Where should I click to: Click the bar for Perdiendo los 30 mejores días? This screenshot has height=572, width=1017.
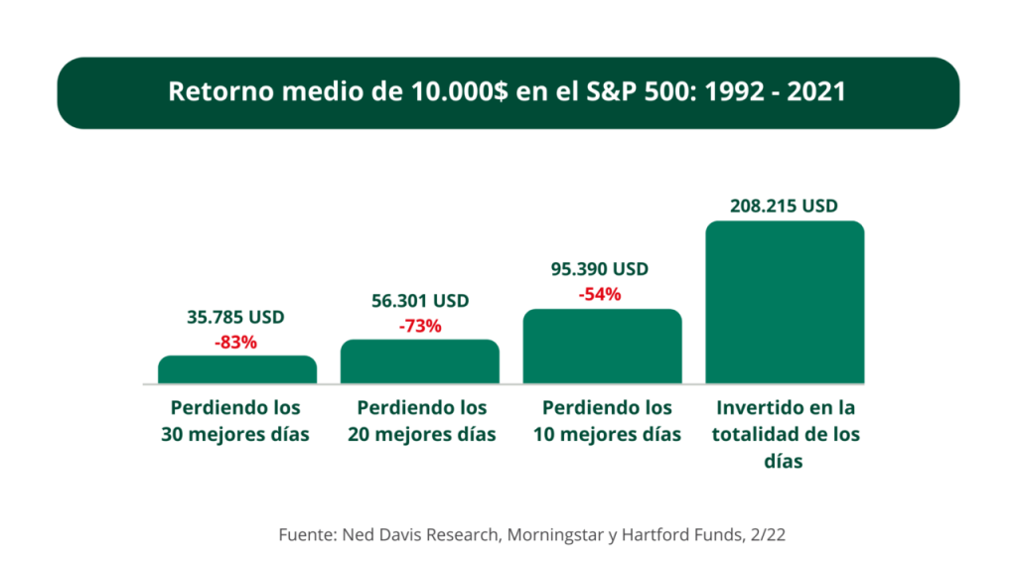237,369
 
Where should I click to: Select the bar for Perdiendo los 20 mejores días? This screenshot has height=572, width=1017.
420,361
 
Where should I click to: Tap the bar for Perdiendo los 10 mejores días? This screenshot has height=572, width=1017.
603,347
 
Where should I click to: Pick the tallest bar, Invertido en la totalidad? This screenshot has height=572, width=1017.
786,302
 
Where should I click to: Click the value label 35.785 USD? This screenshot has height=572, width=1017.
235,318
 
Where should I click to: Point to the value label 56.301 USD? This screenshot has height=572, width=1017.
419,301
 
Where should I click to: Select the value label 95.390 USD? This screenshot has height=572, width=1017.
600,269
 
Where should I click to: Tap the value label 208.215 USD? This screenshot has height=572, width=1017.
785,207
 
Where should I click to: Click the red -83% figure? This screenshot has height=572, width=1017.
235,343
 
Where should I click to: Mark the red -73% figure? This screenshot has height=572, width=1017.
419,326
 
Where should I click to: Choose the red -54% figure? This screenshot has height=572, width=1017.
600,294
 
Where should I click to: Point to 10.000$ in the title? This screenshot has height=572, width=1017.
452,92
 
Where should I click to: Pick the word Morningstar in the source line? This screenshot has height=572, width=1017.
559,535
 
